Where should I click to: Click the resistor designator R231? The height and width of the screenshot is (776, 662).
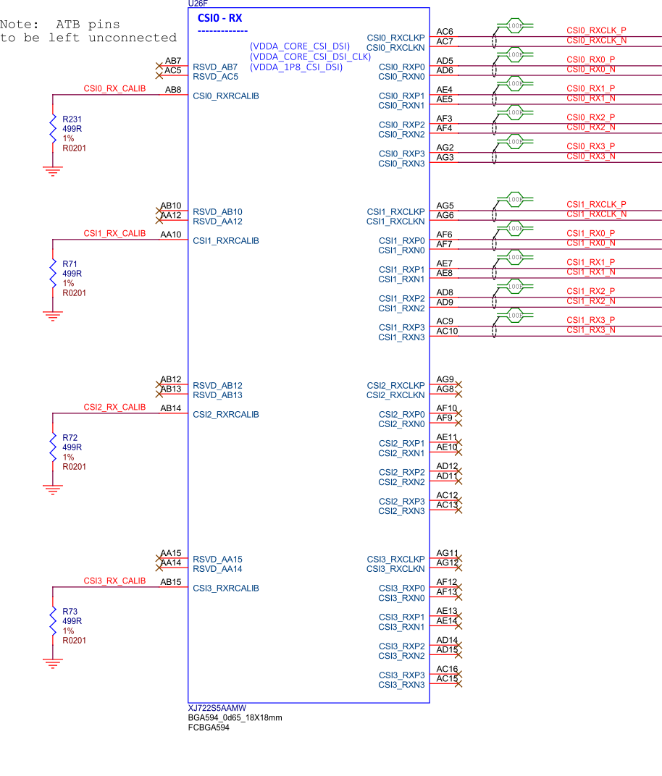[72, 119]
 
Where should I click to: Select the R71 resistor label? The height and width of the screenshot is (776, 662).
[70, 264]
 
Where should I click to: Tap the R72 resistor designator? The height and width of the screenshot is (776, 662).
[70, 438]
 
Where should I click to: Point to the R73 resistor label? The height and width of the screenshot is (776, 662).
[70, 612]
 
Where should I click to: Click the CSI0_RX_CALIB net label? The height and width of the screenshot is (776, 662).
[114, 89]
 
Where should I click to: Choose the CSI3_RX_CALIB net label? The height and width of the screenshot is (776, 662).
[114, 581]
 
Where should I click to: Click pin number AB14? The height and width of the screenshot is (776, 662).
[171, 408]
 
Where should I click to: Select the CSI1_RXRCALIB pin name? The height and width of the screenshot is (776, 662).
[226, 241]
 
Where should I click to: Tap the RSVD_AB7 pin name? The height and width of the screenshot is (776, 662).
[215, 67]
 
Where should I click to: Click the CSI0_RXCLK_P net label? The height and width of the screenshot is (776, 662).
[596, 30]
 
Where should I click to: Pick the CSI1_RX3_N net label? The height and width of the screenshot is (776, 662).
[591, 330]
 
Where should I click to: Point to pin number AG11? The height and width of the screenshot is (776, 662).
[447, 553]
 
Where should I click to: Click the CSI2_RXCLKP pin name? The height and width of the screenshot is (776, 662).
[395, 386]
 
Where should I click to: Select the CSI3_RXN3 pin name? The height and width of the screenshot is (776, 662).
[401, 685]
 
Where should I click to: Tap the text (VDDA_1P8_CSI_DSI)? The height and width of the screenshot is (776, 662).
[296, 67]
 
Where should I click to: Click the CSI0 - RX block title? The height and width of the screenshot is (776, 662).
[219, 18]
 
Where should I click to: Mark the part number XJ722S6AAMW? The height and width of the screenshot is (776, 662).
[217, 708]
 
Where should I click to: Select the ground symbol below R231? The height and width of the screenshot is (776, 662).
[52, 171]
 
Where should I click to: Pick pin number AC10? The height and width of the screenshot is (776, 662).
[447, 331]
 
